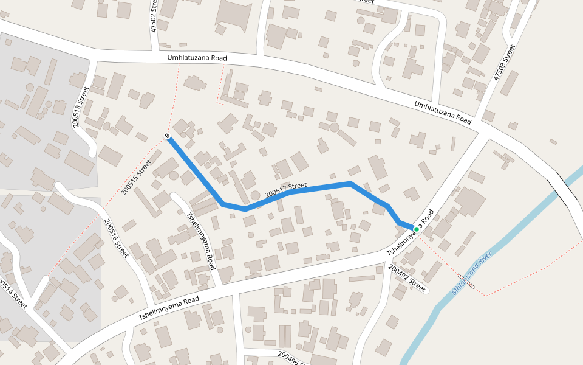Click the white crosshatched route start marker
(167, 136)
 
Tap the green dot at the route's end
(416, 229)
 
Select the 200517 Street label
(287, 189)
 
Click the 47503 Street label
(504, 62)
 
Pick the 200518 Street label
(79, 107)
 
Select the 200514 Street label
(13, 294)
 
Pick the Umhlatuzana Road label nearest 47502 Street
(197, 58)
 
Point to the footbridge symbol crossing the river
(466, 280)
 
